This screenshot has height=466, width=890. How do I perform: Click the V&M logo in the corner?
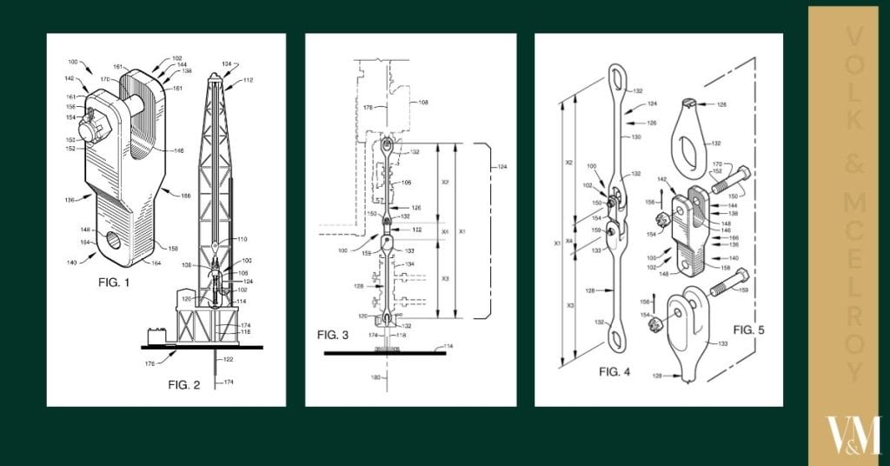click(x=852, y=436)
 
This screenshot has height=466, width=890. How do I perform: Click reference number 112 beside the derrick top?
click(x=248, y=80)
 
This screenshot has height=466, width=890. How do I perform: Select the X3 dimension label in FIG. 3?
click(x=445, y=278)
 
